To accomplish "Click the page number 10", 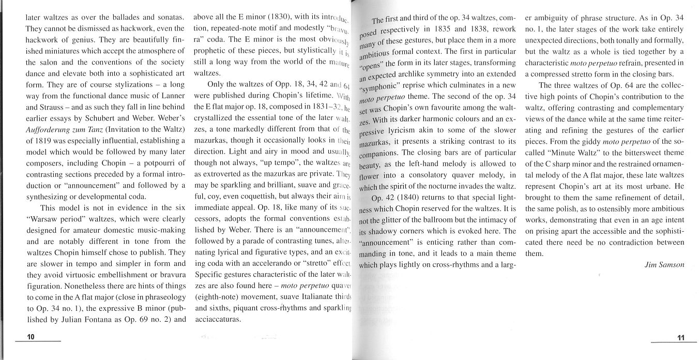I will pyautogui.click(x=31, y=337).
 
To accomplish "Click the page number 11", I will pyautogui.click(x=680, y=338).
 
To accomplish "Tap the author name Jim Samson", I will pyautogui.click(x=664, y=264).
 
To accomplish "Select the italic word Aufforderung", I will pyautogui.click(x=50, y=129).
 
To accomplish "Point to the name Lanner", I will pyautogui.click(x=171, y=96).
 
